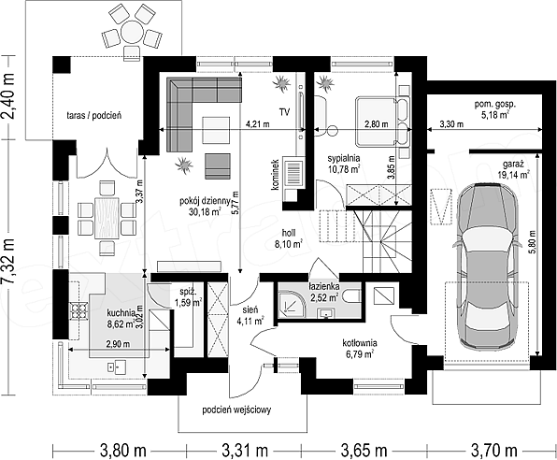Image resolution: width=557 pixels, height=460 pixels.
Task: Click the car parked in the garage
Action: (x=486, y=266)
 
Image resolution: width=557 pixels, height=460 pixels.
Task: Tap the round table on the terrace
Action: (x=132, y=32)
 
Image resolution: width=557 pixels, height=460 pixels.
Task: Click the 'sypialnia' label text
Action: (x=344, y=158)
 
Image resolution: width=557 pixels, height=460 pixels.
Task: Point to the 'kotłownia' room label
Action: (x=360, y=343)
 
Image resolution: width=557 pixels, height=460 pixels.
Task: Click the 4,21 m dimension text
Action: (x=258, y=124)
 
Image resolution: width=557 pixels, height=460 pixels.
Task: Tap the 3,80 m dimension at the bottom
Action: (x=123, y=451)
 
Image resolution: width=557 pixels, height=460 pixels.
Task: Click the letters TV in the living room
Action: (x=284, y=112)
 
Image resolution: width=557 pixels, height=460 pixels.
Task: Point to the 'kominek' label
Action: (x=276, y=174)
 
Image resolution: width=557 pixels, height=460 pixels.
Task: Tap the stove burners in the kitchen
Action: (x=79, y=310)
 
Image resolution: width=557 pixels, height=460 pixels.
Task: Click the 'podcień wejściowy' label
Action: (x=236, y=410)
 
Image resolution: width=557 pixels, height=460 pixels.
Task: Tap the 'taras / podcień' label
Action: (x=94, y=115)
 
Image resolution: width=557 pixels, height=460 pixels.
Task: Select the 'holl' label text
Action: (x=288, y=233)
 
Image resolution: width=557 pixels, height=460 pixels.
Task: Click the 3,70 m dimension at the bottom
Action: (x=494, y=451)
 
